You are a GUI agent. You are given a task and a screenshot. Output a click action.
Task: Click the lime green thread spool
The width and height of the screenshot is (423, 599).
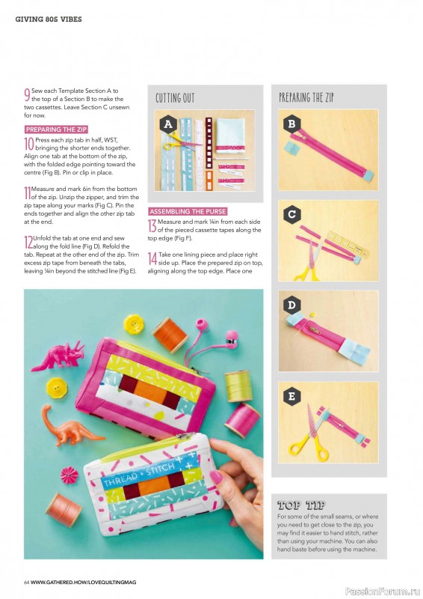(238, 386)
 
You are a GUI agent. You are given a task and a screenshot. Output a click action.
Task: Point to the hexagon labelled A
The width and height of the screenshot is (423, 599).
(168, 124)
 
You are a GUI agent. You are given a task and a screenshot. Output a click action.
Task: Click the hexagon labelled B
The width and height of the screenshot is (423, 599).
(291, 124)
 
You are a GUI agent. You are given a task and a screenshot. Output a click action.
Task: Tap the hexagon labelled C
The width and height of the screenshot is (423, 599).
(291, 214)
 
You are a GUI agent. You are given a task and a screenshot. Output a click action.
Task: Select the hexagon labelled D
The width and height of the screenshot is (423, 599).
(291, 305)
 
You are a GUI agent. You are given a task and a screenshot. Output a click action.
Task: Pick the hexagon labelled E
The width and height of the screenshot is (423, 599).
(291, 396)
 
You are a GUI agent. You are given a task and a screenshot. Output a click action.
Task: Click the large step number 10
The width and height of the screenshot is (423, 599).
(29, 144)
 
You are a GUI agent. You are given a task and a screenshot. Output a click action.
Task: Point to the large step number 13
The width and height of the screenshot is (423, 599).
(152, 226)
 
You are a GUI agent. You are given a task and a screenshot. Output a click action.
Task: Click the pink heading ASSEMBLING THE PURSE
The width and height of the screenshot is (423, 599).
(188, 211)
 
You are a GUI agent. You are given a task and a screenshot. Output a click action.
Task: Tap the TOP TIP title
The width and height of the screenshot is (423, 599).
(301, 505)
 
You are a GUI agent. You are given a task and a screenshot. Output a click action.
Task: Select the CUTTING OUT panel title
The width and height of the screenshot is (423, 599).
(175, 98)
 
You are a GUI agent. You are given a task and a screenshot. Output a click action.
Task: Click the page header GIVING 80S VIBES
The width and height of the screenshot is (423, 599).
(49, 19)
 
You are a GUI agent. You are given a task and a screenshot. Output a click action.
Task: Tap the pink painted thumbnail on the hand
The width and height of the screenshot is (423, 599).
(215, 477)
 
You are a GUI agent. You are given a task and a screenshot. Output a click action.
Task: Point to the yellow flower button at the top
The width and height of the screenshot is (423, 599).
(135, 324)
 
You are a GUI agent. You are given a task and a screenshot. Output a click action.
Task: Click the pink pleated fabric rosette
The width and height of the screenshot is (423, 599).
(69, 475)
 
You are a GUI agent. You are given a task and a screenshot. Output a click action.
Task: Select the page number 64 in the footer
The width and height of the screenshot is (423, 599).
(27, 583)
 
